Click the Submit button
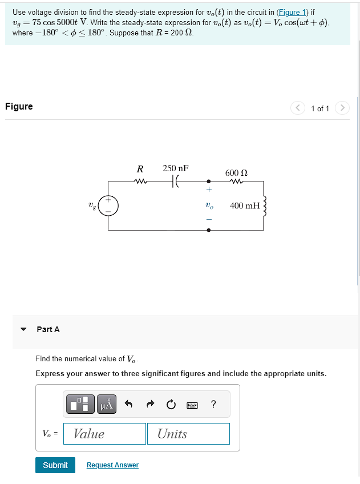(55, 465)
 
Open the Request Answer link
(112, 465)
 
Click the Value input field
(104, 434)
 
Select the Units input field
(188, 434)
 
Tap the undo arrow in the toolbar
(128, 405)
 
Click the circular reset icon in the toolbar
(171, 405)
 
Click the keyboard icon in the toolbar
(192, 405)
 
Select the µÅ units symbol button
(108, 405)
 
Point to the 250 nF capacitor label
(175, 168)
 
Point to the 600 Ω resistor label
(236, 172)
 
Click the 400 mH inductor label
(245, 205)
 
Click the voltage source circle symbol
(108, 206)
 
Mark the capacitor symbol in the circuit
(175, 181)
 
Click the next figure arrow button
(342, 108)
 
